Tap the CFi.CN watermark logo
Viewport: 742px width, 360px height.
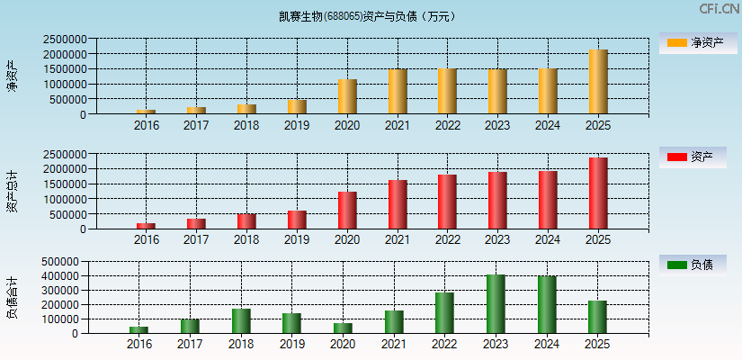click(719, 9)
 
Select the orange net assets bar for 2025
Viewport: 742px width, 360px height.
click(598, 82)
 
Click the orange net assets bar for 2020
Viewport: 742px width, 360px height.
click(347, 96)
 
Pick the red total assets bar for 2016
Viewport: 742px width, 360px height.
click(146, 226)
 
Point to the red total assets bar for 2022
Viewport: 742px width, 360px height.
click(447, 202)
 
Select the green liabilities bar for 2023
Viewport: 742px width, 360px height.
click(496, 303)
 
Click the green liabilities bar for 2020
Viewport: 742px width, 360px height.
click(342, 328)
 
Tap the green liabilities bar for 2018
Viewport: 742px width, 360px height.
click(241, 320)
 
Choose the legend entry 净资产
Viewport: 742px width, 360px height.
click(693, 42)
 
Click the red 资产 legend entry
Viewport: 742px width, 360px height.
click(693, 157)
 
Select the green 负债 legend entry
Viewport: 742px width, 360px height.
click(693, 265)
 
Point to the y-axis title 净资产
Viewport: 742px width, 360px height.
click(12, 76)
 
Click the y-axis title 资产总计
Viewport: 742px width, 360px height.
click(12, 191)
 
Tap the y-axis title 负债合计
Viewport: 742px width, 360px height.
click(12, 298)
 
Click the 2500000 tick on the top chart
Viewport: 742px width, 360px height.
click(63, 40)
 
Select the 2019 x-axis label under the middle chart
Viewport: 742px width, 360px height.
click(297, 240)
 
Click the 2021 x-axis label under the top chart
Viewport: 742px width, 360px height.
click(397, 126)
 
